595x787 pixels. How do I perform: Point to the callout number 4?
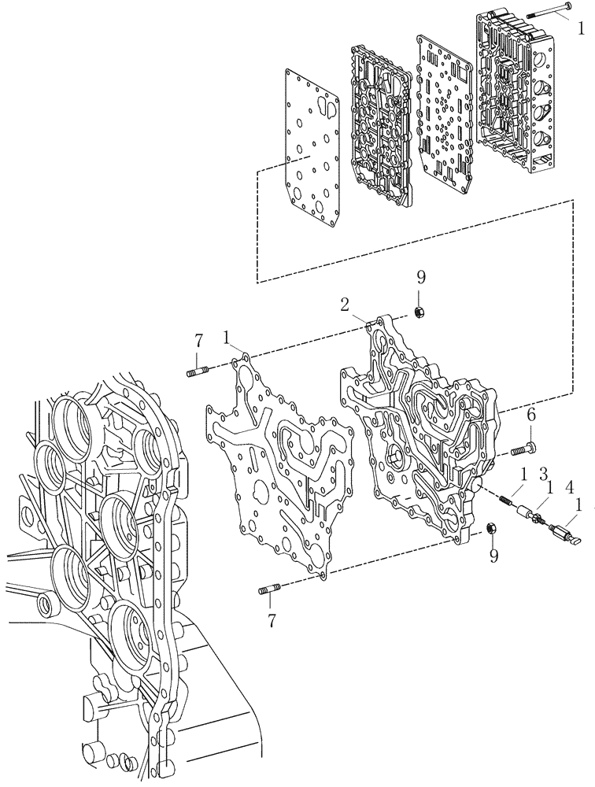click(570, 486)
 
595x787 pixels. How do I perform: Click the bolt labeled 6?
click(522, 449)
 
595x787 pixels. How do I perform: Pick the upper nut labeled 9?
click(420, 313)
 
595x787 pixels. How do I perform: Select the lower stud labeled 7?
click(268, 591)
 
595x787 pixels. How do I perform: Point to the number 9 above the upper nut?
click(420, 276)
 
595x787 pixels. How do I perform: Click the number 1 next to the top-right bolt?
click(580, 30)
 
